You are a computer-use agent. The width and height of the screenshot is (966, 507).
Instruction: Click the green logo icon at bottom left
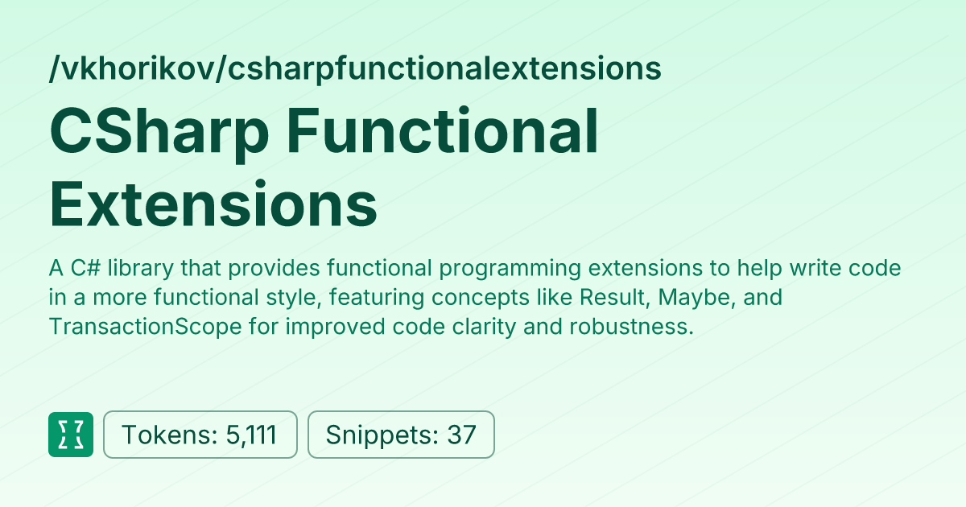coord(71,435)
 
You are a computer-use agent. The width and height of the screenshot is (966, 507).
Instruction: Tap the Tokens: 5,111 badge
coord(200,435)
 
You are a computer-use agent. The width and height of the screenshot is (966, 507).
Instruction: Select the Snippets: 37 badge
coord(401,435)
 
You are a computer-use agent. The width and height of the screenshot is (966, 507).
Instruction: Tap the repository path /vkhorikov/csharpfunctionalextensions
coord(355,69)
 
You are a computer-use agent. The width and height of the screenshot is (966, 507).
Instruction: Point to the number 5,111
coord(251,435)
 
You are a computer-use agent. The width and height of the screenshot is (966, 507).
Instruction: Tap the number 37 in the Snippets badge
coord(462,435)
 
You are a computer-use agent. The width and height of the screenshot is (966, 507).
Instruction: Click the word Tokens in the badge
coord(165,435)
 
